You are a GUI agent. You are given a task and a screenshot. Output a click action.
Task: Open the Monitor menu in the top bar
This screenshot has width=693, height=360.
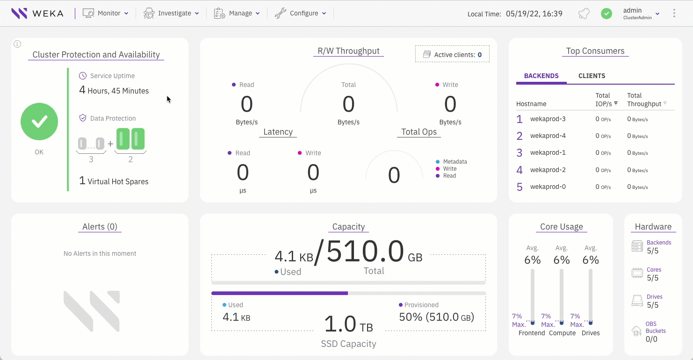(106, 13)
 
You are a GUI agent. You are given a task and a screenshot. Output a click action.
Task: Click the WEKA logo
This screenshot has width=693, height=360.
(37, 13)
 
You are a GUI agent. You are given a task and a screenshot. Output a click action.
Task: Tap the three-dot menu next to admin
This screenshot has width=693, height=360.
(674, 13)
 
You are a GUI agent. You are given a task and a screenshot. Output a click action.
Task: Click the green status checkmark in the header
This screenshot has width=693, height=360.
(606, 14)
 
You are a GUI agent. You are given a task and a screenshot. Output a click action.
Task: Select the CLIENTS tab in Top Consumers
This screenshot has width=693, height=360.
(592, 76)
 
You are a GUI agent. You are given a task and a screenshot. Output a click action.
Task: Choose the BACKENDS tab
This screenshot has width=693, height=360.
(541, 76)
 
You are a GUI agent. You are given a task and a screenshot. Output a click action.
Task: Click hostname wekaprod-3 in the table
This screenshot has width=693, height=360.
(548, 119)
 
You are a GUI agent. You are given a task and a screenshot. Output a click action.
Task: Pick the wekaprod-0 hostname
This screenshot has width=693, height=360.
(548, 187)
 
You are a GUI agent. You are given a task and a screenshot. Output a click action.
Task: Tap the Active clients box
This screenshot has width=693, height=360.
(452, 54)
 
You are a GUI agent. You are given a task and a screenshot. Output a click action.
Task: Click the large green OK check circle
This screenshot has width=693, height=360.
(39, 122)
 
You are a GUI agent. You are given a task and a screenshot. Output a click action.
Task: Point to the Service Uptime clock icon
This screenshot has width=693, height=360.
(83, 76)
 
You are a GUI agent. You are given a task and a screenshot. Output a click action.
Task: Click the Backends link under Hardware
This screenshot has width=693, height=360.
(658, 243)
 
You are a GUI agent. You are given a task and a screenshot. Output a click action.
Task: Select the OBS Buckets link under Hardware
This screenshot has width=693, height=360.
(655, 327)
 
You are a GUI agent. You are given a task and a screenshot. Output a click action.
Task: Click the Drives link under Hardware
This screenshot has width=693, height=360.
(654, 297)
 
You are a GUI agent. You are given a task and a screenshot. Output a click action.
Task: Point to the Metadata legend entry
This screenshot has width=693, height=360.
(455, 162)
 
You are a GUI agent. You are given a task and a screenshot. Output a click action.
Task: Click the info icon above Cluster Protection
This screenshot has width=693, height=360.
(17, 44)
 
